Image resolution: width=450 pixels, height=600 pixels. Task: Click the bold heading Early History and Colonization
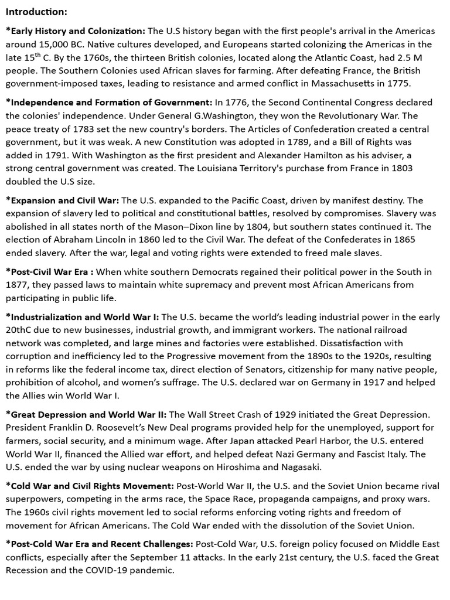click(76, 31)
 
